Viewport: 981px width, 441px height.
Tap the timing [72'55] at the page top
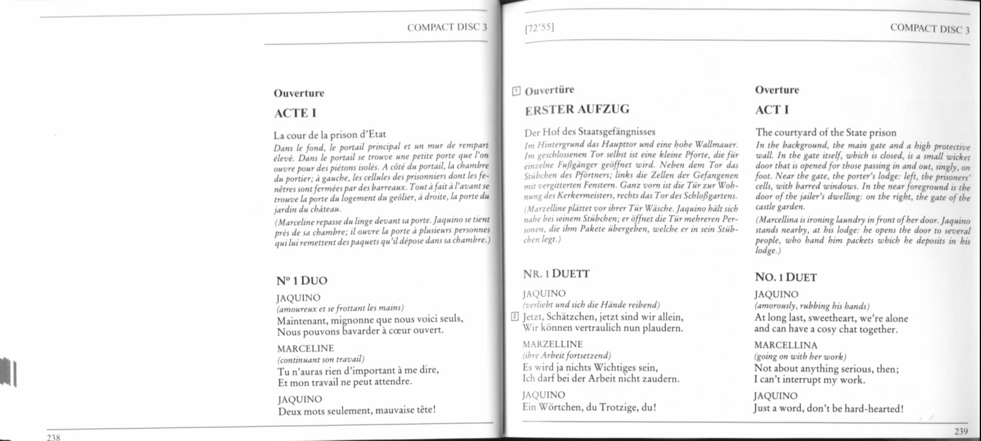(x=539, y=28)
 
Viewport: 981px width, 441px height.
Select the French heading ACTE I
(x=295, y=113)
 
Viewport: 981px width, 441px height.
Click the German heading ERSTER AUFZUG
(x=577, y=109)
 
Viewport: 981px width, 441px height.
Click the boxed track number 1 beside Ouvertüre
(x=517, y=92)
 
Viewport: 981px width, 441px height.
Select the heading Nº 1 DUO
(x=301, y=280)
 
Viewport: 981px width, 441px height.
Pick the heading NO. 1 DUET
(x=786, y=277)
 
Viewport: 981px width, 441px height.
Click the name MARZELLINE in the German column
(x=552, y=344)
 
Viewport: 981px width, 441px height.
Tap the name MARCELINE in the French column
(x=305, y=349)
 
